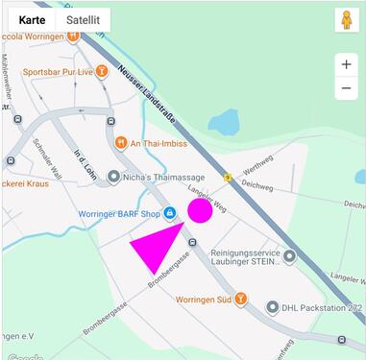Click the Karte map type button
click(x=32, y=19)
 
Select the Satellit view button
click(x=83, y=19)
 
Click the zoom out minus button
click(x=346, y=88)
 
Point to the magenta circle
click(x=199, y=210)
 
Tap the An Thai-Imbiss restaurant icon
click(x=121, y=143)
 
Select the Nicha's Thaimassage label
click(x=159, y=177)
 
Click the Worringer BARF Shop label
click(x=118, y=213)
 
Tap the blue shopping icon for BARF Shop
click(x=170, y=212)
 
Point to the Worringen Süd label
click(x=204, y=300)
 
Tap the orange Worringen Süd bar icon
click(x=240, y=299)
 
